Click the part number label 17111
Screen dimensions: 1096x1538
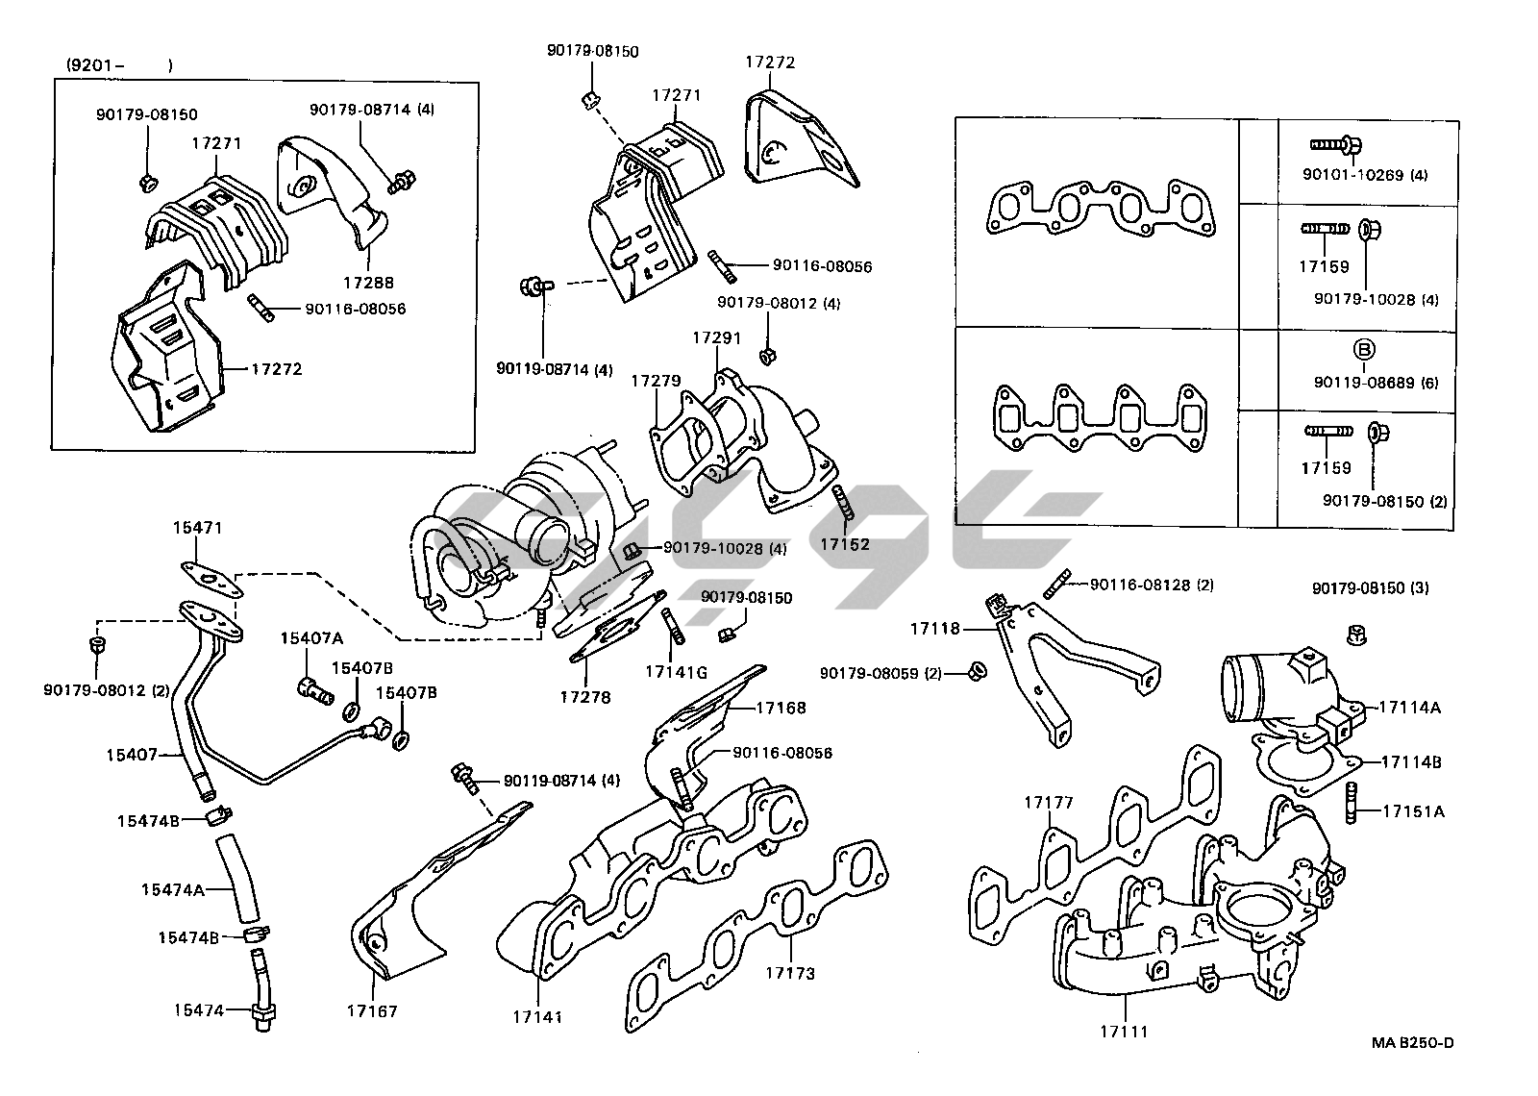coord(1124,1032)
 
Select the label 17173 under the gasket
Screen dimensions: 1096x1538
coord(789,973)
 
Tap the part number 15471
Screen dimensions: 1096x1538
coord(197,527)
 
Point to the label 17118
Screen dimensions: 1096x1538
coord(934,629)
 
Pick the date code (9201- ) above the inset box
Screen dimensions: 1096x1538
coord(119,65)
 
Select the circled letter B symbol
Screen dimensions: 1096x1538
coord(1366,348)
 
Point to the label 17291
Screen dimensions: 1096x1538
coord(715,338)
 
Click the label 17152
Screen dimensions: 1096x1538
coord(844,544)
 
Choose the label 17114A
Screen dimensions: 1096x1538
coord(1409,707)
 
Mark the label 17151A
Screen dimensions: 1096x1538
coord(1413,810)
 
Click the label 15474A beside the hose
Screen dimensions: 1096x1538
coord(172,889)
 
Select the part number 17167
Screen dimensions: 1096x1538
coord(373,1010)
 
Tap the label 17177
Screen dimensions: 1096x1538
coord(1048,802)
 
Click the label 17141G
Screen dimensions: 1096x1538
coord(676,672)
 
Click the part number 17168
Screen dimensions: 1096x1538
coord(781,708)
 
